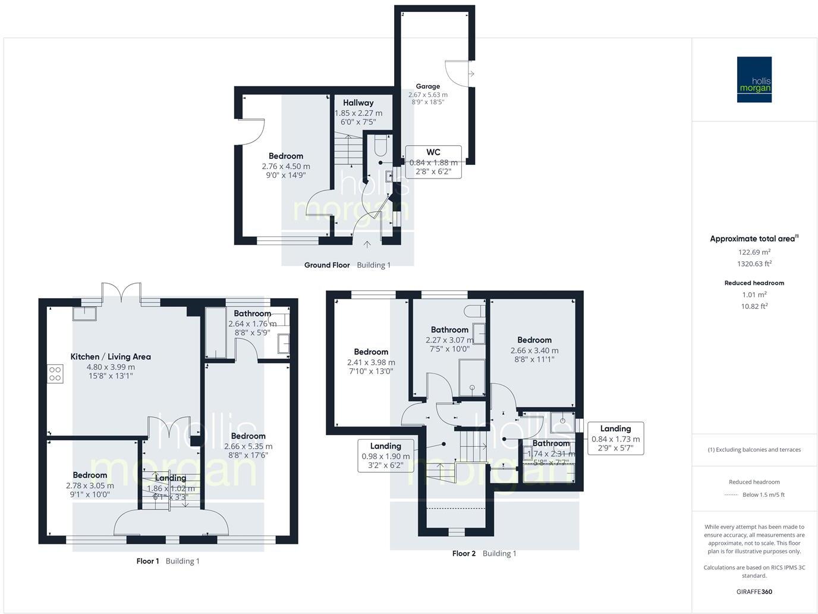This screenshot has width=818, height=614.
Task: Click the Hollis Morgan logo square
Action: pyautogui.click(x=754, y=79)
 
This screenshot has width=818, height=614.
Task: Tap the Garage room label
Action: pyautogui.click(x=428, y=86)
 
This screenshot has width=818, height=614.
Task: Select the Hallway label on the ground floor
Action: pyautogui.click(x=358, y=103)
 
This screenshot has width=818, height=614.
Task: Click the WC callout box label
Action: pyautogui.click(x=433, y=152)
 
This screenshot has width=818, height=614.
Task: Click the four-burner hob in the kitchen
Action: pyautogui.click(x=55, y=374)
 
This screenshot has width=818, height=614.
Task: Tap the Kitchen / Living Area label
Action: pyautogui.click(x=111, y=357)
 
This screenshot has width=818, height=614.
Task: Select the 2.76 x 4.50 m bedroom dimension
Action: pyautogui.click(x=286, y=167)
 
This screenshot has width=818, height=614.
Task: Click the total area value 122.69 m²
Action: pyautogui.click(x=754, y=252)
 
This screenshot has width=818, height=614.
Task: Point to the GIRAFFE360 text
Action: pyautogui.click(x=754, y=591)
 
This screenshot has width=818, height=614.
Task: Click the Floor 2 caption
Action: pyautogui.click(x=464, y=553)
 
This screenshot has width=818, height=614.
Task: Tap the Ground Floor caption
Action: pyautogui.click(x=327, y=265)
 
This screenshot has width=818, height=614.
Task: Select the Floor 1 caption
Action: pyautogui.click(x=147, y=561)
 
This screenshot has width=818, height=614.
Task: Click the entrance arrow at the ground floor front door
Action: pyautogui.click(x=367, y=244)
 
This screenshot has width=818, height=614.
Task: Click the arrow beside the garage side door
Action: pyautogui.click(x=471, y=74)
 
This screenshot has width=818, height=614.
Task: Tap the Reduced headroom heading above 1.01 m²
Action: pyautogui.click(x=754, y=283)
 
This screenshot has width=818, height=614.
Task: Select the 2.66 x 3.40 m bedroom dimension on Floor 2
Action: pyautogui.click(x=534, y=350)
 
